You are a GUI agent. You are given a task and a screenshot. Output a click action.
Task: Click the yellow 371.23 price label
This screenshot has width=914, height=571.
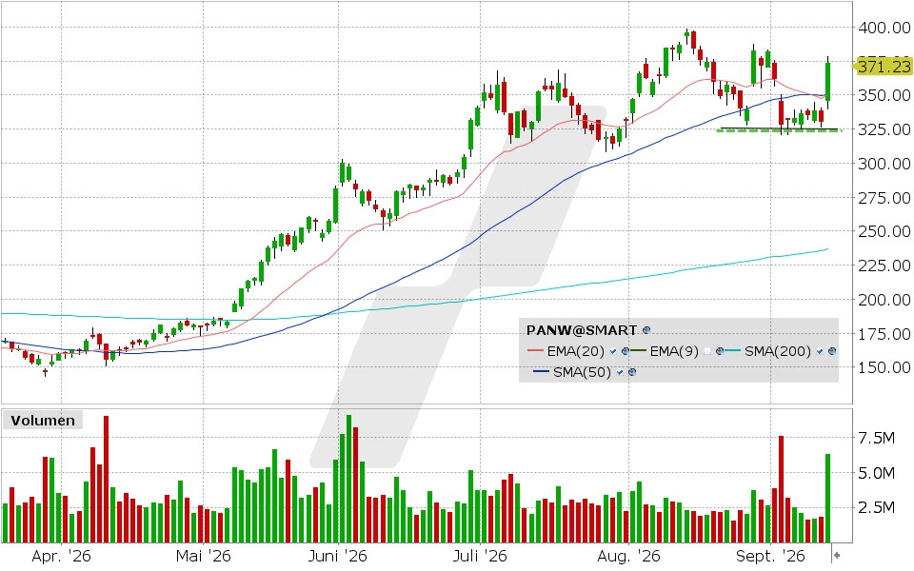pos(884,67)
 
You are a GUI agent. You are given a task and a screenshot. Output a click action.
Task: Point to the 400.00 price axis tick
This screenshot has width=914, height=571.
pos(884,28)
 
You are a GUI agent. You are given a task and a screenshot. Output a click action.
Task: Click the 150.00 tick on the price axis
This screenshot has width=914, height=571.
pos(884,367)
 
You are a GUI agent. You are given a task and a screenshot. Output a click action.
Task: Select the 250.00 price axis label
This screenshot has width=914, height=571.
pos(884,231)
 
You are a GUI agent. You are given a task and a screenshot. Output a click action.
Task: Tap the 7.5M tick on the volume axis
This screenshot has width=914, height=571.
pos(877,438)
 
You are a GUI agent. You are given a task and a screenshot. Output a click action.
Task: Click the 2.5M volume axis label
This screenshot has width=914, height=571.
pos(877,507)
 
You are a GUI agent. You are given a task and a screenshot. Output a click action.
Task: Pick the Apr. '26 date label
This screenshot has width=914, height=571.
pos(61,556)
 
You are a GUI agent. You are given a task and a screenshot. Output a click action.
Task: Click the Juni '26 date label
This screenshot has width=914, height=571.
pos(337,556)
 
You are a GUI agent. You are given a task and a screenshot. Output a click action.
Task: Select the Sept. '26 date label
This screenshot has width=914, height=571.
pos(770,556)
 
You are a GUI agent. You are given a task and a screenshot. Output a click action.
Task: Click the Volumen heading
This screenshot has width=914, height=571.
pos(43,420)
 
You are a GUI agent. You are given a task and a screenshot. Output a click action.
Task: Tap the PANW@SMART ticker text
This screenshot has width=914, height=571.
pos(581,330)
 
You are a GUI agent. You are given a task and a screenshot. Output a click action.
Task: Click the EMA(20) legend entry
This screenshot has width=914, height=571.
pos(575,351)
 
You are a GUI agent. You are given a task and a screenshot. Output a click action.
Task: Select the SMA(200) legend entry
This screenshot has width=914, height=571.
pos(778,351)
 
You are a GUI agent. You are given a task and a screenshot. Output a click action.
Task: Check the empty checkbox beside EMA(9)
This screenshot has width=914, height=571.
pos(707,351)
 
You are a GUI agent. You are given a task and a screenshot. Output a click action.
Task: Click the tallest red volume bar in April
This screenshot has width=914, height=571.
pos(106,479)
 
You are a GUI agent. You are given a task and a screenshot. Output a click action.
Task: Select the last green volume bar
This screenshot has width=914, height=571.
pos(827,498)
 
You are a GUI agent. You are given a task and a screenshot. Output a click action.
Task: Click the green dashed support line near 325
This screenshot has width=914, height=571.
pos(778,131)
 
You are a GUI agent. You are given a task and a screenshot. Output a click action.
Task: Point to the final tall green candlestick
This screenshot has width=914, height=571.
pos(827,82)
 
